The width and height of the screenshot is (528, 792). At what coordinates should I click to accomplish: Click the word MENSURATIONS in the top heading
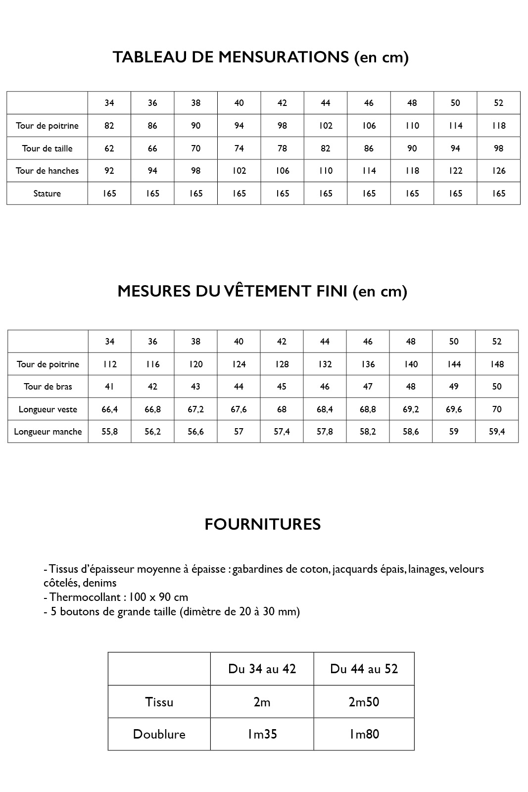(x=284, y=57)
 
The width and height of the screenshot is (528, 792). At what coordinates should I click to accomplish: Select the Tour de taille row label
(x=47, y=148)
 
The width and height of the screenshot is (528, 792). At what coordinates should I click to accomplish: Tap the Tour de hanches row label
(x=47, y=171)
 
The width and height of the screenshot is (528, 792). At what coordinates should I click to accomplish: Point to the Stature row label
(x=47, y=194)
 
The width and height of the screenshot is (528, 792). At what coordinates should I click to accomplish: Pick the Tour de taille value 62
(x=109, y=148)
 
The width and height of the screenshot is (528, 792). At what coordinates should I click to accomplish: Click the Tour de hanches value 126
(x=499, y=171)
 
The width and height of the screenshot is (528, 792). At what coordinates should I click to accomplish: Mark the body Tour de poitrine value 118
(x=499, y=126)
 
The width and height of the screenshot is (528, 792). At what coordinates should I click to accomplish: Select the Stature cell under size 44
(x=326, y=194)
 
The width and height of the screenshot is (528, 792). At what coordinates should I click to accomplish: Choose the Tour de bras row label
(x=48, y=387)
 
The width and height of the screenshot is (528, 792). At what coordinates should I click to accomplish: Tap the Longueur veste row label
(x=48, y=409)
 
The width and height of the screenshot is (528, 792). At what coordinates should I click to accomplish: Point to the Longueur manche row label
(x=48, y=432)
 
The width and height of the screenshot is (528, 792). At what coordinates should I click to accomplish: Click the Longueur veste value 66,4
(x=110, y=409)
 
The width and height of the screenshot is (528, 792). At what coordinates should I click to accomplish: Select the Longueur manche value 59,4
(x=497, y=432)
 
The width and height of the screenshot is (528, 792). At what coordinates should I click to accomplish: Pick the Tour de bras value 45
(x=282, y=387)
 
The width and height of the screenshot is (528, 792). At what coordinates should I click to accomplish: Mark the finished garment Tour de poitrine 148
(x=497, y=364)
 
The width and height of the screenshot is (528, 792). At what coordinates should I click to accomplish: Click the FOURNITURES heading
(x=263, y=524)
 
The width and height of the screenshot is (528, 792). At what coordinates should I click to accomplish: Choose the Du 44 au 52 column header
(x=364, y=669)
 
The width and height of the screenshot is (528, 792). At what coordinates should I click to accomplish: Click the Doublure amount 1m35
(x=262, y=734)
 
